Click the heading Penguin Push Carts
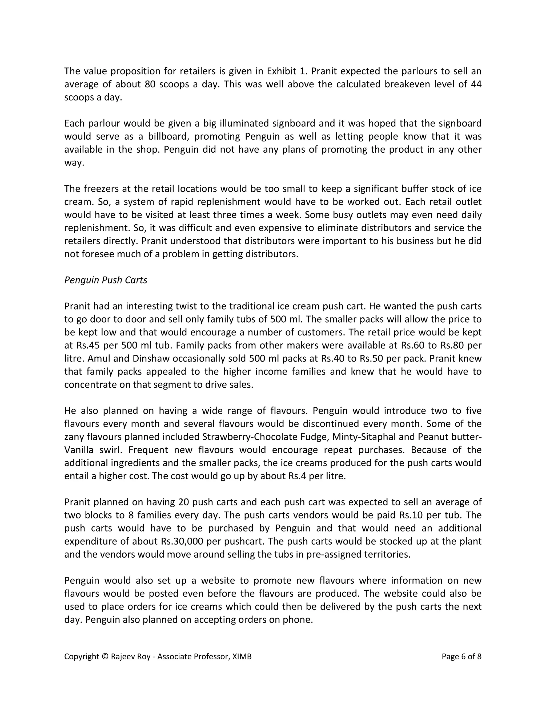[106, 280]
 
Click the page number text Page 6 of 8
[461, 656]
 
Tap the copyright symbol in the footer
[105, 656]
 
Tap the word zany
[74, 437]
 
